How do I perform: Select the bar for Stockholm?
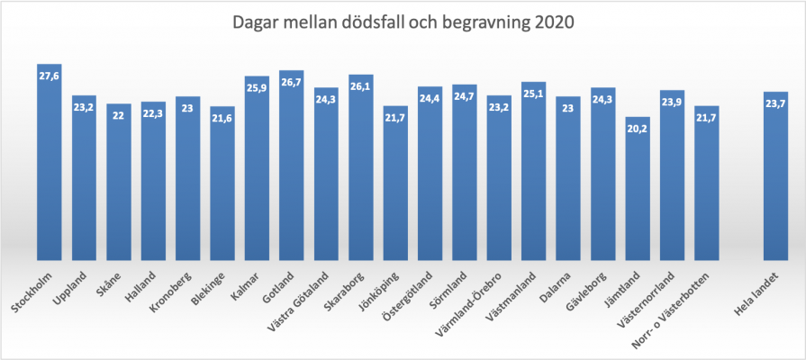pyautogui.click(x=50, y=162)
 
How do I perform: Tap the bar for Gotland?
pyautogui.click(x=291, y=166)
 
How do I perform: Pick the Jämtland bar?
pyautogui.click(x=637, y=189)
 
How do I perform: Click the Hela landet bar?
pyautogui.click(x=775, y=175)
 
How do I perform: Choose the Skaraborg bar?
pyautogui.click(x=360, y=167)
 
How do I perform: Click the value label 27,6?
pyautogui.click(x=50, y=76)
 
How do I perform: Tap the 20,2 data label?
pyautogui.click(x=637, y=129)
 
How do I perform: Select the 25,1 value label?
pyautogui.click(x=533, y=93)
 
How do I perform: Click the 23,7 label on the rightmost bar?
pyautogui.click(x=775, y=103)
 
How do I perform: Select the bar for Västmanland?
pyautogui.click(x=533, y=171)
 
